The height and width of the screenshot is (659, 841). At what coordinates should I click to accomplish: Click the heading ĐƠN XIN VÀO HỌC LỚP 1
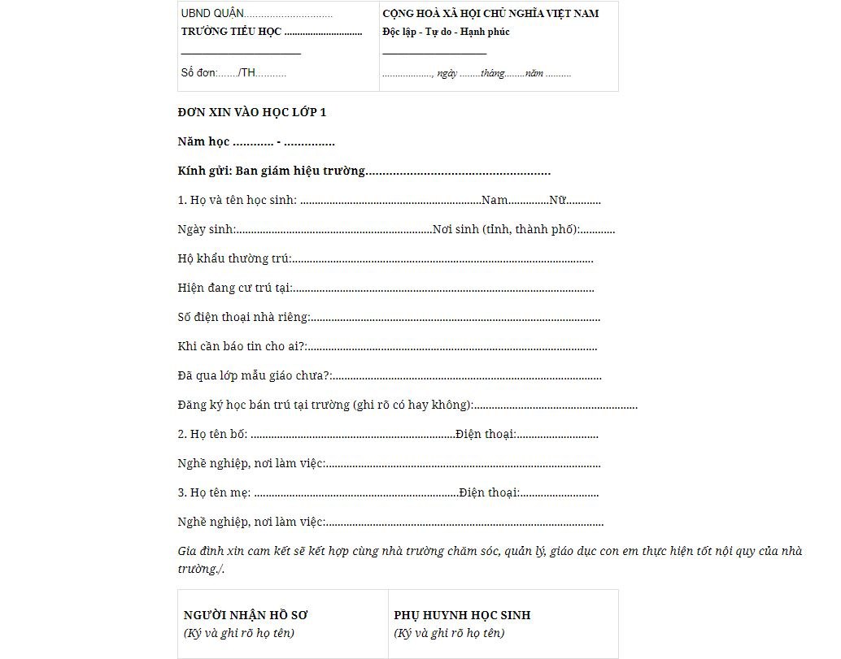coord(251,112)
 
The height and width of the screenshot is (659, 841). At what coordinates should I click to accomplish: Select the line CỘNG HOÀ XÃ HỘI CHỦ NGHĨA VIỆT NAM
coord(490,14)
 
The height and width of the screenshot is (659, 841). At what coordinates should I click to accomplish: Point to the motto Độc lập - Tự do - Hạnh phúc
coord(446,32)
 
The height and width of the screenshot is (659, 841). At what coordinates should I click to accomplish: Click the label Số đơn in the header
coord(198,72)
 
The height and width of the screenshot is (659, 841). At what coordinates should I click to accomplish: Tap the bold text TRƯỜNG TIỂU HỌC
coord(231,32)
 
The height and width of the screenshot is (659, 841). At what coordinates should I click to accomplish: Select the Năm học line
coord(255,141)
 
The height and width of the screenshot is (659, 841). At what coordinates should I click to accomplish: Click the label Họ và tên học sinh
coord(237,200)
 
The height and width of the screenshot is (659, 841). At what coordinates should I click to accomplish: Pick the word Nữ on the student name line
coord(557,200)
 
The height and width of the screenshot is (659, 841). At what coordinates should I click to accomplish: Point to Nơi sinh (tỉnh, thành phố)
coord(505,229)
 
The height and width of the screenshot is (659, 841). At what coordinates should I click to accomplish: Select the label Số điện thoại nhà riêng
coord(243,317)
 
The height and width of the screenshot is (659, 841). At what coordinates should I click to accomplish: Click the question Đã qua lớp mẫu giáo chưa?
coord(254,375)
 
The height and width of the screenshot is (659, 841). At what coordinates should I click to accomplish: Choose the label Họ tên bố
coord(212,434)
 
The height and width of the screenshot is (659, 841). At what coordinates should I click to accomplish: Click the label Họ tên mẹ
coord(214,492)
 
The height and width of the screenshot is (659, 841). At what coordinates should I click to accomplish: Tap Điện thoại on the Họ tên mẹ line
coord(488,492)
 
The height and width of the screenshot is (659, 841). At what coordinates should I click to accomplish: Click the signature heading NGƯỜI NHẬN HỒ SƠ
coord(246,615)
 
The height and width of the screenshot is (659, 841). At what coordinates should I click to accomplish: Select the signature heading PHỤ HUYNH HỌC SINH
coord(462,615)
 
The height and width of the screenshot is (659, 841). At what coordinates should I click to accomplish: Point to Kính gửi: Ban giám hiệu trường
coord(272,171)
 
